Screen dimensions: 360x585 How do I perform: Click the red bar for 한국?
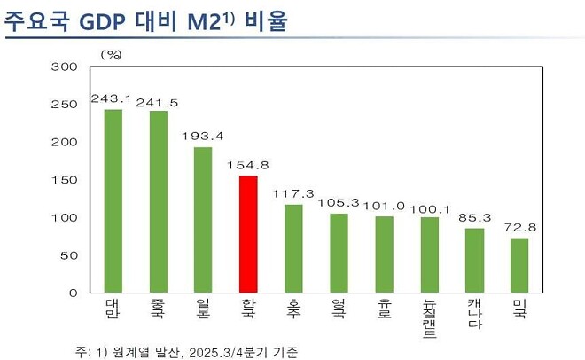coord(248,234)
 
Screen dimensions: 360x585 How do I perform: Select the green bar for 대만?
coord(113,201)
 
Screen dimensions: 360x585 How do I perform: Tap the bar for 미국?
coord(519,265)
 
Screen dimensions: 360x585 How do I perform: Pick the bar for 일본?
coord(203,220)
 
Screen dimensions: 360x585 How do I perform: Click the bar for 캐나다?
coord(474,261)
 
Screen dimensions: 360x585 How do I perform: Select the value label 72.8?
coord(519,228)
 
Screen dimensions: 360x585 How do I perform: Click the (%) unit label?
coord(110,54)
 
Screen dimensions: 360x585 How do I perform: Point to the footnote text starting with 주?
coord(186,352)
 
